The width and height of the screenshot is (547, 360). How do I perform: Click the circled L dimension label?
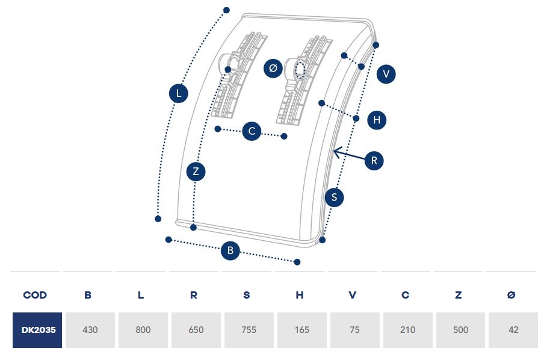coord(179,93)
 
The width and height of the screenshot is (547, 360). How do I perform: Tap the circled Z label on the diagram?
coord(196,172)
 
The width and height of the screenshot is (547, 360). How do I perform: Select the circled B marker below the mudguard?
coord(230,250)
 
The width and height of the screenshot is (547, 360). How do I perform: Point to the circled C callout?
coord(252,131)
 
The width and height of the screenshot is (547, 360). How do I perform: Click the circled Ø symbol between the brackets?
coord(273,68)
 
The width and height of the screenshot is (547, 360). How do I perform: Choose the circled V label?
coord(386,74)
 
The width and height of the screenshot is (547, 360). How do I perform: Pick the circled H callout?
coord(377,120)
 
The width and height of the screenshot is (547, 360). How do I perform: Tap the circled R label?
coord(374,161)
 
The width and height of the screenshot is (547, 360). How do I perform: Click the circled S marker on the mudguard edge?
coord(334,197)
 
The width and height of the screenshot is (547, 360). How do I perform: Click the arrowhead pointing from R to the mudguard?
coord(336,151)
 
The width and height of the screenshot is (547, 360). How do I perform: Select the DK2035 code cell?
coord(37,330)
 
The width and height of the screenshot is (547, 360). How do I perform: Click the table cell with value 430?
coord(90,330)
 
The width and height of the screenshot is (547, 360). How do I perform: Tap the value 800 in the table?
coord(143,330)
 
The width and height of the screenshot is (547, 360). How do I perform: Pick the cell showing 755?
coord(249,330)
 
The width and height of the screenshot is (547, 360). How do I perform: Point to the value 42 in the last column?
coord(512,330)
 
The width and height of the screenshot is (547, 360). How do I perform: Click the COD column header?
coord(35,295)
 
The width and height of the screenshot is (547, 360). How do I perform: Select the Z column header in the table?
coord(459,295)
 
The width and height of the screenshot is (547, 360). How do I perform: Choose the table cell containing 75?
coord(354,330)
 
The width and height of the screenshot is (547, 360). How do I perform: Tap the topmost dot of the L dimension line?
coord(226,10)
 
